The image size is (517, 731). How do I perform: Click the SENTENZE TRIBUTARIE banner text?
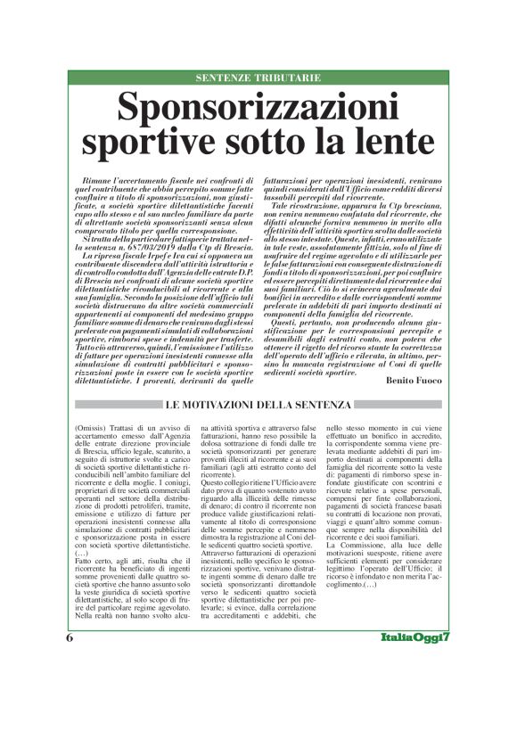pos(258,78)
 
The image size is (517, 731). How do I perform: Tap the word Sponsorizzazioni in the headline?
pos(258,108)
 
